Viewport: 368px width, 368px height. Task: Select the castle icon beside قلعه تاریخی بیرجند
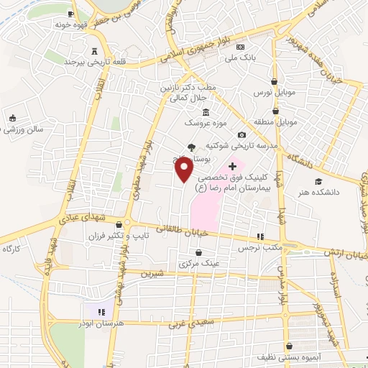click(96, 50)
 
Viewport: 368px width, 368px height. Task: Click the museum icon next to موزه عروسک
click(206, 112)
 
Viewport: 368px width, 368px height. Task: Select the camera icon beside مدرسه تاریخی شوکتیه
click(242, 135)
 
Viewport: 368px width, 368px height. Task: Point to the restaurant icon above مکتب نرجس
click(261, 236)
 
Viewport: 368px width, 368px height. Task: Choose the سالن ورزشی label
click(22, 129)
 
